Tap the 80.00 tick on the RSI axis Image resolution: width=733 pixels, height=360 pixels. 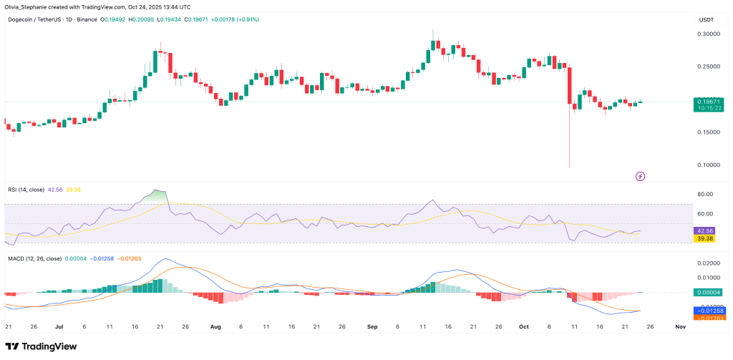click(x=707, y=194)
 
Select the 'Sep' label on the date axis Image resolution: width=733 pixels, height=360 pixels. click(x=372, y=326)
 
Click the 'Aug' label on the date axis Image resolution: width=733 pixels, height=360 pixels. click(x=215, y=326)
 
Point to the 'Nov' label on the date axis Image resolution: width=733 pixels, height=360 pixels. click(x=680, y=326)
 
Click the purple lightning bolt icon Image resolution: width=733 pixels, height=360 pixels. click(x=640, y=175)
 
